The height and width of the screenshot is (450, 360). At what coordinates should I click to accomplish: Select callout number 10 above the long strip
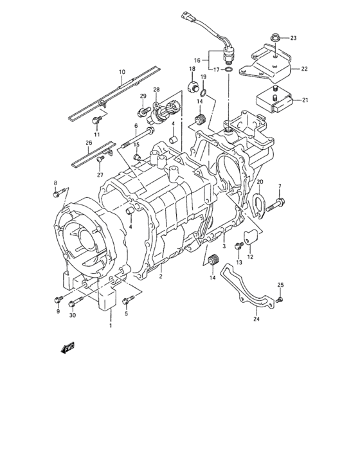tap(121, 72)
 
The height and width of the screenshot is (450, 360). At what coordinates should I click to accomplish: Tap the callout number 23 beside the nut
tap(293, 38)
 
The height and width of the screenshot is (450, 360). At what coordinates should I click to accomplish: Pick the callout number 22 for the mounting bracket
tap(305, 69)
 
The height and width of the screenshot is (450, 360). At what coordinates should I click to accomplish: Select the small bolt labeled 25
tap(280, 300)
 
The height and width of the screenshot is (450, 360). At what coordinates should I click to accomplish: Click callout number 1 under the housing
tap(110, 326)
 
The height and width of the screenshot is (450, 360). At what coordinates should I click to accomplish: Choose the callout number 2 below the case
tap(160, 276)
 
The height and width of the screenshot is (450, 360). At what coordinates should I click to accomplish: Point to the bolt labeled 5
tap(129, 298)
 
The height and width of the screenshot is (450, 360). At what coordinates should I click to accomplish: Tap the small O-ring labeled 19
tap(204, 90)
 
